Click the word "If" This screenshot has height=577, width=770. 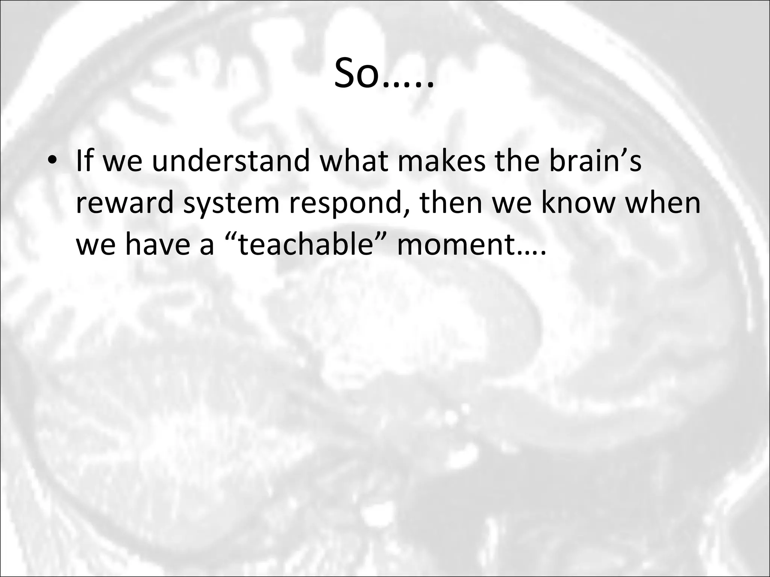pos(85,161)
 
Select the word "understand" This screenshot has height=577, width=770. pos(230,161)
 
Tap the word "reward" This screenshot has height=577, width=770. pos(125,203)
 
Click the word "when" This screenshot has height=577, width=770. pos(662,203)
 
